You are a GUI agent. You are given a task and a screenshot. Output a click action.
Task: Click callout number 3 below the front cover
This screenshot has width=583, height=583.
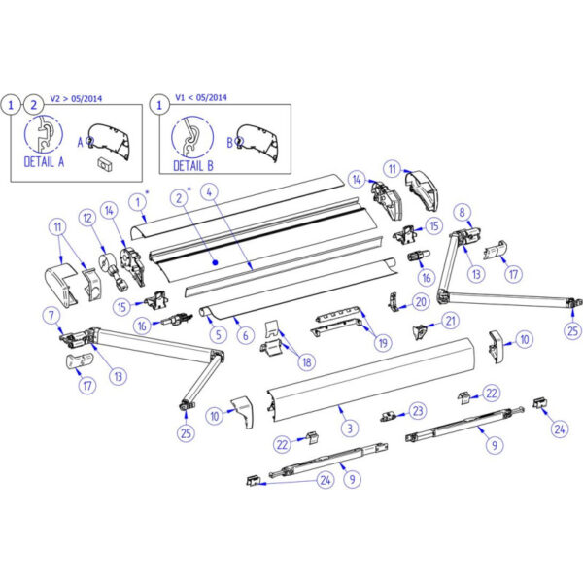coord(350,428)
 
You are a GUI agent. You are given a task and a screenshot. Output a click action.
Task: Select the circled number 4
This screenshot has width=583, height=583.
coord(210,192)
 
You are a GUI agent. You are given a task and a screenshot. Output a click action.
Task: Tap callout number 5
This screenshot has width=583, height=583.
coord(219,334)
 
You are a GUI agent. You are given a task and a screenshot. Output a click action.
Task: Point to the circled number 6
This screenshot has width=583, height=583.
coord(246,335)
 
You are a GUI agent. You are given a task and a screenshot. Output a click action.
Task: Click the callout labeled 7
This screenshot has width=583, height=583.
coord(51,316)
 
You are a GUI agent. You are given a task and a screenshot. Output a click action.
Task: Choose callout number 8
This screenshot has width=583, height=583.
coord(463,212)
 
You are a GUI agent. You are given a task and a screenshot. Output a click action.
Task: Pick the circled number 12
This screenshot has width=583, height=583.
coord(87,218)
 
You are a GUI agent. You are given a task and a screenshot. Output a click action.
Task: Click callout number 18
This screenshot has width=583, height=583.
coord(307,361)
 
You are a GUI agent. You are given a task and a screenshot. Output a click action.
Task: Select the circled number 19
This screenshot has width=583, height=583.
coord(383,342)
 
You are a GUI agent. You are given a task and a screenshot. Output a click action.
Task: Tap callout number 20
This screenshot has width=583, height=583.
coord(421,302)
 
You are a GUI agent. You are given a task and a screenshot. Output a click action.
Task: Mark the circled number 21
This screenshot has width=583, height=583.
coord(451,321)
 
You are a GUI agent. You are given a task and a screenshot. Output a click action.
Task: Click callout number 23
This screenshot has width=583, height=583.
coord(418,411)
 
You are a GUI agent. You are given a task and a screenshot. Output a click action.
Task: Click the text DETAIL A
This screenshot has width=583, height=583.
coord(44,162)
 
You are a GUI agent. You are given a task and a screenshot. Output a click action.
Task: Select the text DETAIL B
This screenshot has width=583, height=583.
coord(193,166)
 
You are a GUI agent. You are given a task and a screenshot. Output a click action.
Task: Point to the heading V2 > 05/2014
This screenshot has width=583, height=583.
coord(76,99)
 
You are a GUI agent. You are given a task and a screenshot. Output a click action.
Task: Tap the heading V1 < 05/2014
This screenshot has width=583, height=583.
coord(201,98)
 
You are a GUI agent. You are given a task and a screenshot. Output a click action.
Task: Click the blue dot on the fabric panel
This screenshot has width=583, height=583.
coord(215,263)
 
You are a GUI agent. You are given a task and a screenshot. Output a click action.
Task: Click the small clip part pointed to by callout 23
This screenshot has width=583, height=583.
coord(388,416)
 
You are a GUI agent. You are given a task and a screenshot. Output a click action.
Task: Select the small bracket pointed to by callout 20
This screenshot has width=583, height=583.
coord(393,301)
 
